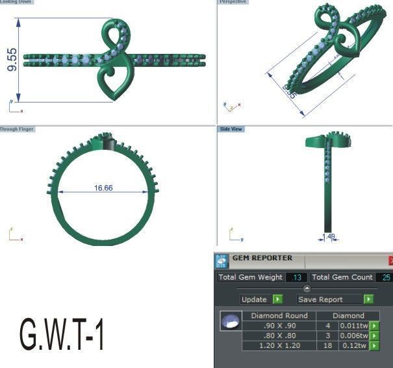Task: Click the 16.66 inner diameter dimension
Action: (x=103, y=188)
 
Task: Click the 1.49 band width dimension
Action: (x=329, y=237)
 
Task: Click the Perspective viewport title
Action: (x=233, y=2)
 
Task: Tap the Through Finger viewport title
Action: (x=17, y=129)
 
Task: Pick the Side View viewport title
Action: (x=231, y=129)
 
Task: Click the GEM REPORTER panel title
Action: (x=262, y=258)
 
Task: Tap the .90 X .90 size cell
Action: (x=279, y=326)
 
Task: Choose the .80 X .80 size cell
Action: (x=279, y=336)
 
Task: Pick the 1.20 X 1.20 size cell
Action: (x=279, y=346)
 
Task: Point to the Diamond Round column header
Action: (x=279, y=316)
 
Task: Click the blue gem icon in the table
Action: (x=229, y=321)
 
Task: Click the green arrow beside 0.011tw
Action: (x=374, y=326)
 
